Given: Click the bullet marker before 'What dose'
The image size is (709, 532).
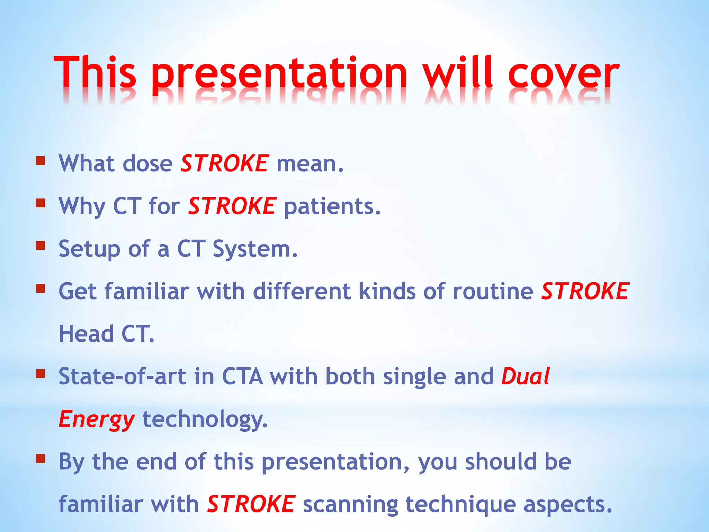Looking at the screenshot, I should pyautogui.click(x=41, y=161).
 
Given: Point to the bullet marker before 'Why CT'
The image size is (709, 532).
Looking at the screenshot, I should pyautogui.click(x=41, y=203).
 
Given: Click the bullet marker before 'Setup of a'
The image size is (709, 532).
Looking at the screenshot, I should pyautogui.click(x=41, y=246).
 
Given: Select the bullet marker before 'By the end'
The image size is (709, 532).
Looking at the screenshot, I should pyautogui.click(x=41, y=459).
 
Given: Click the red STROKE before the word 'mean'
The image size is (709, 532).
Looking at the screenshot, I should pyautogui.click(x=224, y=163).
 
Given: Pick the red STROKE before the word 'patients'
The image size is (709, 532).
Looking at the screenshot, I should pyautogui.click(x=232, y=206).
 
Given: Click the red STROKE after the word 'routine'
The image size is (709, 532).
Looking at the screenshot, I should pyautogui.click(x=585, y=291).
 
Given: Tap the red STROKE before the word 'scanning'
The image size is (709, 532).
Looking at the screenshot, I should pyautogui.click(x=251, y=504).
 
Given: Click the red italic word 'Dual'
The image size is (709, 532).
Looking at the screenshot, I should pyautogui.click(x=525, y=376).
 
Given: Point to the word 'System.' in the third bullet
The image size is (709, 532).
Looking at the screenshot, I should pyautogui.click(x=255, y=249).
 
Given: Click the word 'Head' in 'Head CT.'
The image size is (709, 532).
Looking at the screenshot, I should pyautogui.click(x=86, y=334).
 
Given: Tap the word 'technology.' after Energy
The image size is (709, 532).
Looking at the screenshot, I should pyautogui.click(x=205, y=419).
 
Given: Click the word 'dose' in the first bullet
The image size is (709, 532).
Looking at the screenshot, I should pyautogui.click(x=148, y=163).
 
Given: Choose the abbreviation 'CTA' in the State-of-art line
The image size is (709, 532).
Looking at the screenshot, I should pyautogui.click(x=242, y=376).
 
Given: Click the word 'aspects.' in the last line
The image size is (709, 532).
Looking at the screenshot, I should pyautogui.click(x=568, y=505).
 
